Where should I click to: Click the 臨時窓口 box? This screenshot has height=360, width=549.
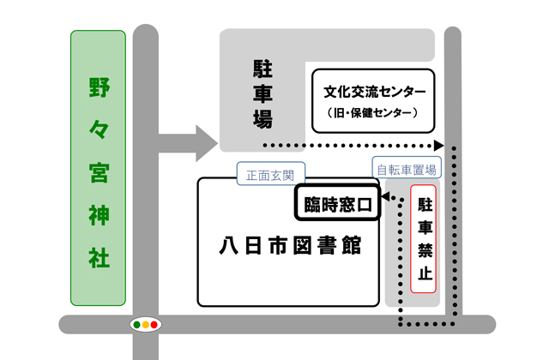(338, 205)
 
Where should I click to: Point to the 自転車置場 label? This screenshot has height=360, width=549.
(406, 169)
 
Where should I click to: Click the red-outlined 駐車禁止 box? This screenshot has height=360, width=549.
(425, 239)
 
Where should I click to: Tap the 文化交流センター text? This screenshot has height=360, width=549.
(374, 92)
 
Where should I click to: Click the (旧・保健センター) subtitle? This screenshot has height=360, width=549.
(374, 112)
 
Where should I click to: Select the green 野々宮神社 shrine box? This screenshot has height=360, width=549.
(99, 170)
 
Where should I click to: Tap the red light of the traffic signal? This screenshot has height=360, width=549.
(155, 325)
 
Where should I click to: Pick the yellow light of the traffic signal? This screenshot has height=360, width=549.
(145, 325)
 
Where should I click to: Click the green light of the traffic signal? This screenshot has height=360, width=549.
(136, 325)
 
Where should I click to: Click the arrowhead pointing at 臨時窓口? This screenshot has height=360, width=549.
(385, 199)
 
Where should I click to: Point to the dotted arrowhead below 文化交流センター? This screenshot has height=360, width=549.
(438, 146)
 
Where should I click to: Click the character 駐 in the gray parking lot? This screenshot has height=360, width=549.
(262, 67)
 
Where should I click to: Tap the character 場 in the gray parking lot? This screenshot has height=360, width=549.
(262, 120)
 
